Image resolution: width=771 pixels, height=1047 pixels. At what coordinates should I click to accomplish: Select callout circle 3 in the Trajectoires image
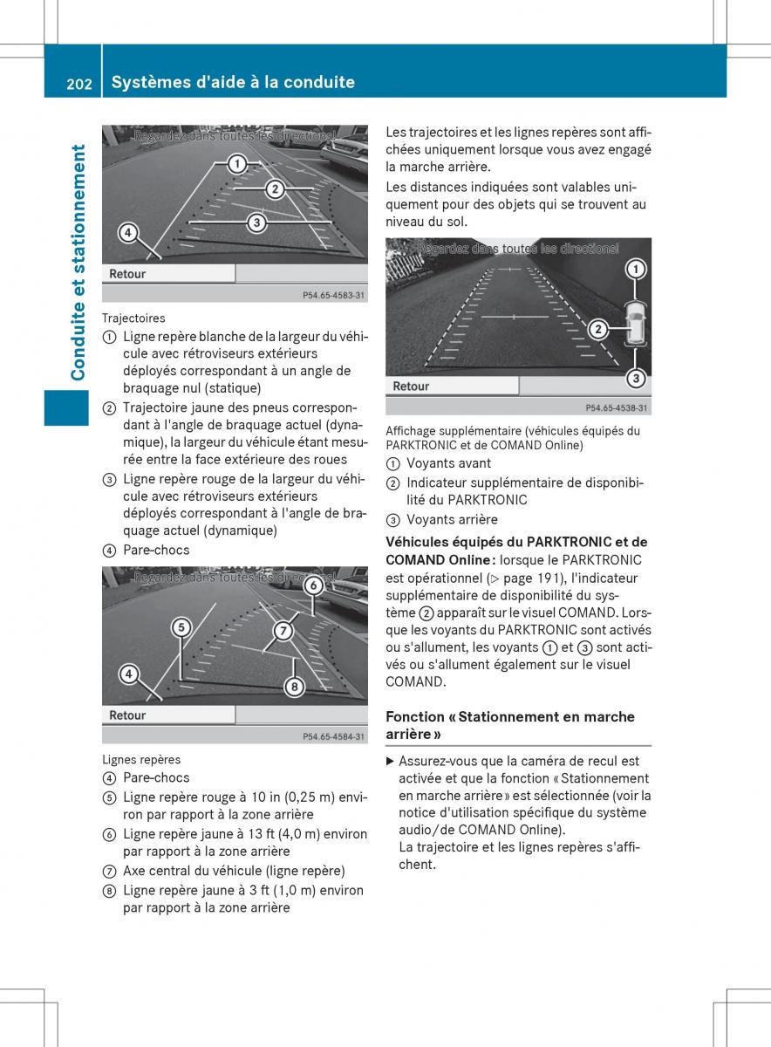256,222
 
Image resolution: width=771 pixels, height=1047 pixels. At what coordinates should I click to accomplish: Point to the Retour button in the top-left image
127,274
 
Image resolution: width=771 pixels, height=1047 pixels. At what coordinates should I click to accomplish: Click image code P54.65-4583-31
334,296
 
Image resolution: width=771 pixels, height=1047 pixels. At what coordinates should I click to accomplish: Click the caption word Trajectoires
133,318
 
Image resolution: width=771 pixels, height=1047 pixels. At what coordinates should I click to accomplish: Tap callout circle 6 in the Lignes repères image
312,586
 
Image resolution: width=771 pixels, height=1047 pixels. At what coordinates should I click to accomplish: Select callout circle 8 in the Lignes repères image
295,687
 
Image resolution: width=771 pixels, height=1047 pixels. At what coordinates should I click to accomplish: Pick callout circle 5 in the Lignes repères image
181,627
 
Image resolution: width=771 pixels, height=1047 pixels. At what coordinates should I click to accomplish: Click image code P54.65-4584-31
334,737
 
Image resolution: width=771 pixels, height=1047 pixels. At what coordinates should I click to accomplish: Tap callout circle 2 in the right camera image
598,329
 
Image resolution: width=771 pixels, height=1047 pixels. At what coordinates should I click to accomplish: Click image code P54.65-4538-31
617,407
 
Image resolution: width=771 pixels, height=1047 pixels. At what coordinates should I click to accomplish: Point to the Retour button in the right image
411,386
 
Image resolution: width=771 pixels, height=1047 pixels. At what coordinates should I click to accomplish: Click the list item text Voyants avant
449,463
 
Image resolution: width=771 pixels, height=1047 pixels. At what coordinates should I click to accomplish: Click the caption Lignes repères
141,759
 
